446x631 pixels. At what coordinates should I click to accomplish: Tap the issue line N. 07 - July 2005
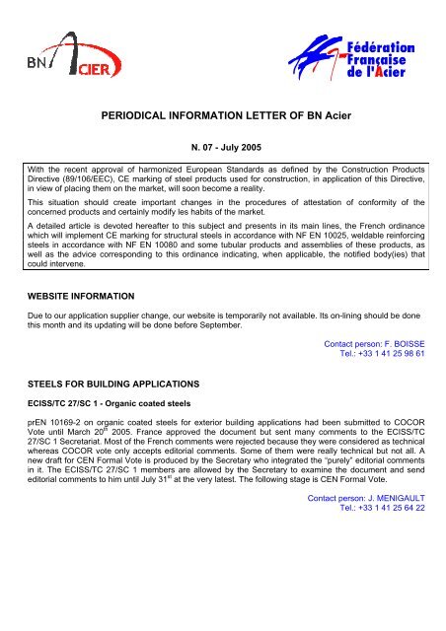click(x=222, y=150)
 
